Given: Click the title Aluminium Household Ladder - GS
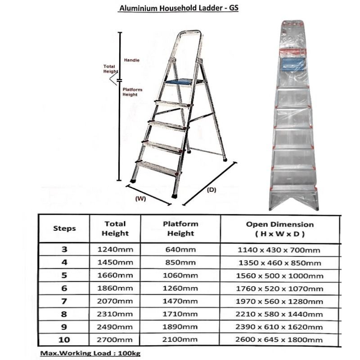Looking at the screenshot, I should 178,9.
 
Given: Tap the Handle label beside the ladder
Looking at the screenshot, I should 131,60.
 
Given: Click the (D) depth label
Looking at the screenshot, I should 211,190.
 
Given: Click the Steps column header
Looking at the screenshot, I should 64,229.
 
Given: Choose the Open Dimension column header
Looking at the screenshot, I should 279,229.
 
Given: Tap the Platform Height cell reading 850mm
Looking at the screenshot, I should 180,263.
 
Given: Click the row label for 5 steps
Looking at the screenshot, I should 64,275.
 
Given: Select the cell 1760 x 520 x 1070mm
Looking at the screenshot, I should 279,288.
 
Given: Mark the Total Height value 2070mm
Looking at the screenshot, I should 115,301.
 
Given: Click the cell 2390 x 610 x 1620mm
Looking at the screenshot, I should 279,327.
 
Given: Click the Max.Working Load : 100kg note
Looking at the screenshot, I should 90,354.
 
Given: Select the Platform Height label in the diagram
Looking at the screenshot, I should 132,92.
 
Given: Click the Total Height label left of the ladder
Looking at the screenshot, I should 110,69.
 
